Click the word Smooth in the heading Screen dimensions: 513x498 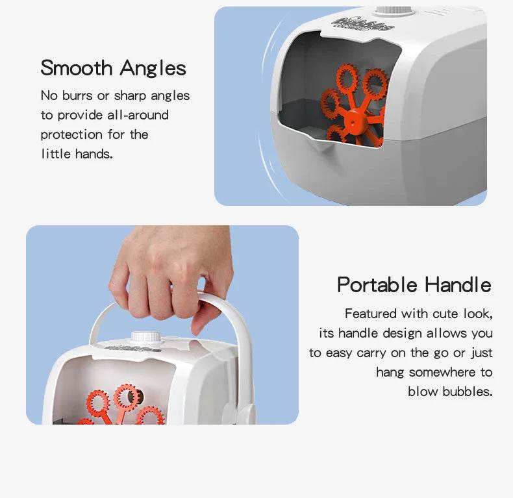point(77,68)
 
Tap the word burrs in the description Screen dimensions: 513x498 point(77,95)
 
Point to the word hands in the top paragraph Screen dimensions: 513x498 point(94,154)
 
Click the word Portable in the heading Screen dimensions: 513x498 point(377,284)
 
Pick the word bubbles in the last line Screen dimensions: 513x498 point(467,392)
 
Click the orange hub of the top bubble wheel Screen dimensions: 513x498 point(353,121)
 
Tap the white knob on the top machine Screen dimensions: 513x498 point(395,11)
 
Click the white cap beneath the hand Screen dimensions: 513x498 point(146,337)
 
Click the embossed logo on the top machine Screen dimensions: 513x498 point(363,23)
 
